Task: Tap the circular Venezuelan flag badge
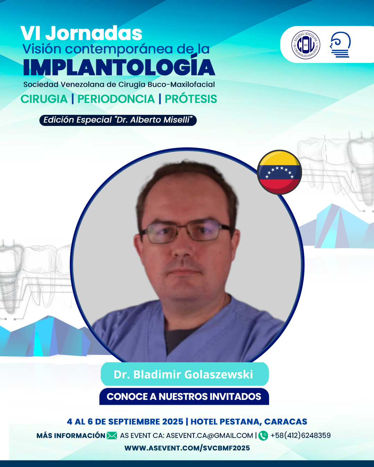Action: pyautogui.click(x=279, y=172)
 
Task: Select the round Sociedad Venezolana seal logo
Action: pyautogui.click(x=305, y=45)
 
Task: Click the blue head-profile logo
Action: pyautogui.click(x=340, y=45)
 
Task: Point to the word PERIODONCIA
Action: pyautogui.click(x=116, y=99)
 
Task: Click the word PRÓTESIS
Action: pyautogui.click(x=191, y=99)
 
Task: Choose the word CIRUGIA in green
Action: pyautogui.click(x=44, y=99)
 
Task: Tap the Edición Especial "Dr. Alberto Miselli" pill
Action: pyautogui.click(x=118, y=120)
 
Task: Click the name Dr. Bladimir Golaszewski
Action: pyautogui.click(x=183, y=374)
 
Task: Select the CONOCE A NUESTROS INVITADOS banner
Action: pyautogui.click(x=184, y=396)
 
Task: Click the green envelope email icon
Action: pyautogui.click(x=112, y=436)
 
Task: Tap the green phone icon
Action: pyautogui.click(x=263, y=436)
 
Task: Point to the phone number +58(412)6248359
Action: pyautogui.click(x=301, y=435)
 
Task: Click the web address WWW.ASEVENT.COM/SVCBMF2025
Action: pyautogui.click(x=187, y=448)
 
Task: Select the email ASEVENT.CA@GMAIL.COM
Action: pyautogui.click(x=210, y=436)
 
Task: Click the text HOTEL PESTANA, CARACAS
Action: pyautogui.click(x=249, y=422)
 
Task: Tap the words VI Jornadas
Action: pyautogui.click(x=81, y=33)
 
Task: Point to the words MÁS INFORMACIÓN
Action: pyautogui.click(x=71, y=436)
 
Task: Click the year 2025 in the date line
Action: pyautogui.click(x=173, y=422)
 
